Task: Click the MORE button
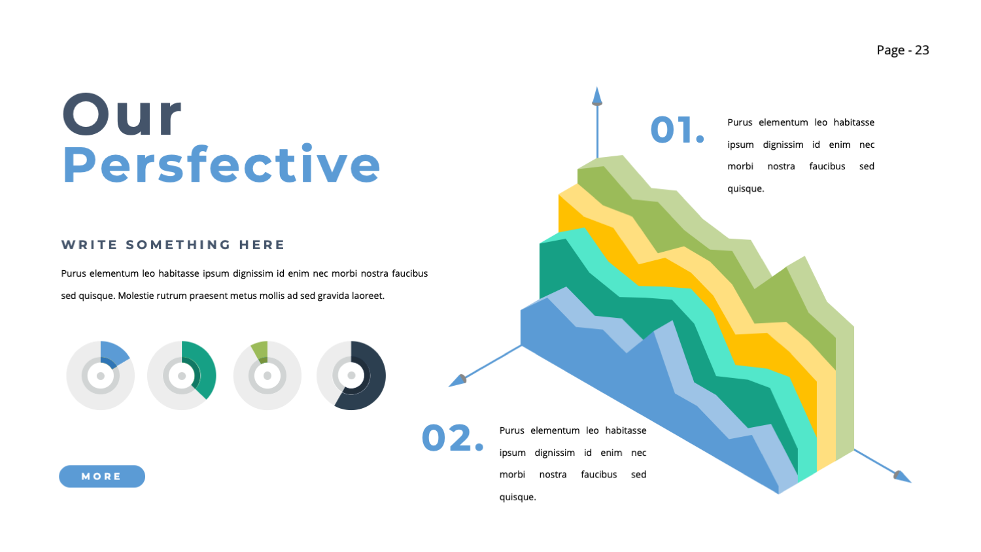pos(101,476)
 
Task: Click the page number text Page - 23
pos(903,50)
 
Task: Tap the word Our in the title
pos(122,115)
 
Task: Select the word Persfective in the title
pos(221,165)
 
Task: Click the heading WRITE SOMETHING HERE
pos(173,245)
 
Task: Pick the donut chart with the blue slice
pos(101,375)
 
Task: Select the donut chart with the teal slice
pos(182,375)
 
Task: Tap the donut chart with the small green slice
pos(267,375)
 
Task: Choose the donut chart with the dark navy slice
pos(351,375)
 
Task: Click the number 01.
pos(677,129)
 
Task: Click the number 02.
pos(452,438)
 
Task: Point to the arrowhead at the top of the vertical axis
pos(596,97)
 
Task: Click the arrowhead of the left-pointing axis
pos(457,380)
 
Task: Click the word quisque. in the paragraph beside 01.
pos(746,189)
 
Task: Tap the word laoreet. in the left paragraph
pos(368,296)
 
